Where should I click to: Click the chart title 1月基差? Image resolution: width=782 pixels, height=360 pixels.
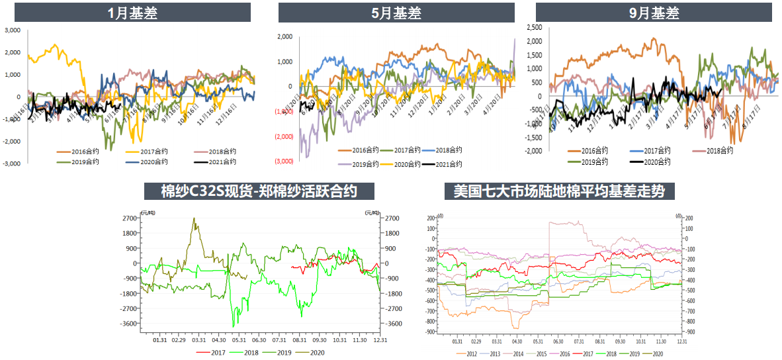click(x=132, y=13)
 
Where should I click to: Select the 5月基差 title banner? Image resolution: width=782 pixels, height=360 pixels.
click(x=396, y=13)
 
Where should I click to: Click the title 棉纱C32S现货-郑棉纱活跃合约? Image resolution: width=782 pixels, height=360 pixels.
click(x=259, y=191)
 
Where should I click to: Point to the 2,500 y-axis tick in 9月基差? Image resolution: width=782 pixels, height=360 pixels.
click(x=533, y=28)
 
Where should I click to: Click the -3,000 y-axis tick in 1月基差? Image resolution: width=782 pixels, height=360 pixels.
click(x=13, y=163)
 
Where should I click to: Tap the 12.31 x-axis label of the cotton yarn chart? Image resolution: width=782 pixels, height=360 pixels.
click(x=380, y=340)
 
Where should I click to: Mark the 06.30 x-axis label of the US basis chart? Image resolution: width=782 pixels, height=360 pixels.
click(x=558, y=341)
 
